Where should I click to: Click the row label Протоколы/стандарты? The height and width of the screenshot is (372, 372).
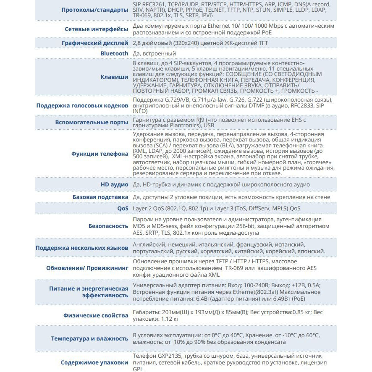[x=95, y=10]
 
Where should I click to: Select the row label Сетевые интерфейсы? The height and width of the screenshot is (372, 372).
[x=97, y=29]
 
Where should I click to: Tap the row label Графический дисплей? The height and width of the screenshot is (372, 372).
[x=95, y=43]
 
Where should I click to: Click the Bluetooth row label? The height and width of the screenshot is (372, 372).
[x=114, y=53]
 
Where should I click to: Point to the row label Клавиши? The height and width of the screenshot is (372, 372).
[x=115, y=77]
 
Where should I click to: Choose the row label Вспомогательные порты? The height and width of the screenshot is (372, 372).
[x=92, y=122]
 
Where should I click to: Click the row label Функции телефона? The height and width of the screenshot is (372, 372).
[x=100, y=154]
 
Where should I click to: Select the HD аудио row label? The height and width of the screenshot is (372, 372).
[x=114, y=184]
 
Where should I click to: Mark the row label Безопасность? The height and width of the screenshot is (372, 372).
[x=108, y=225]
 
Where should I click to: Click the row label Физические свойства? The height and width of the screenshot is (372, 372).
[x=96, y=315]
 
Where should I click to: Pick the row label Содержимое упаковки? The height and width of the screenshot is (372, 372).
[x=94, y=362]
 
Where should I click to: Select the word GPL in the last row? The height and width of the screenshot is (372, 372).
[x=138, y=369]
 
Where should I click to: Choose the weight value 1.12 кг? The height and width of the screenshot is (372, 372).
[x=170, y=319]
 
